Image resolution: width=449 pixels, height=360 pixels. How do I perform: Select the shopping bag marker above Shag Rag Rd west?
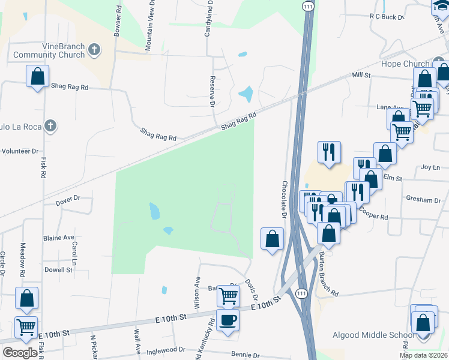pos(37,77)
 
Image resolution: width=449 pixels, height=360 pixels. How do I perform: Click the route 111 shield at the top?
pos(308,5)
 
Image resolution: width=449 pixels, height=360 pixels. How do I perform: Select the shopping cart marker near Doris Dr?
pos(228,295)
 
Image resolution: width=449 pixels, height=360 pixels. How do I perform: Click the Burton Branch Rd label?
pos(330,274)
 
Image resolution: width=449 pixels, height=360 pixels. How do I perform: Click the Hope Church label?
pos(405,64)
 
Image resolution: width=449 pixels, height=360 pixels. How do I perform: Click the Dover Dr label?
pos(68,198)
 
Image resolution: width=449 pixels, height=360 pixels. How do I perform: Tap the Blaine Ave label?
pos(58,238)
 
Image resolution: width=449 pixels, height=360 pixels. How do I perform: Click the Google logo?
pos(20,353)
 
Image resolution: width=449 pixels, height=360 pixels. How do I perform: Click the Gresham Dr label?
pos(423,200)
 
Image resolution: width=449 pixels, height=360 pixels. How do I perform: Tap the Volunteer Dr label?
pos(19,151)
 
